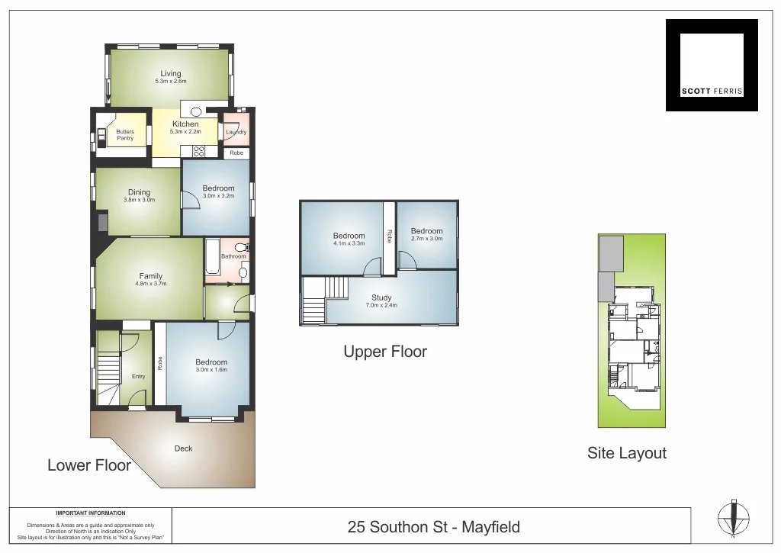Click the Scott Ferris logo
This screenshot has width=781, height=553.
click(x=712, y=65)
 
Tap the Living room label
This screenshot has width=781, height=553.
click(x=171, y=74)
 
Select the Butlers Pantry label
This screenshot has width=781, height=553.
click(x=125, y=135)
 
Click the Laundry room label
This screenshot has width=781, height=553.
click(x=236, y=132)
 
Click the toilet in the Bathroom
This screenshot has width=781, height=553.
click(x=241, y=247)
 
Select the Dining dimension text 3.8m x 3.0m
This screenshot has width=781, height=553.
click(x=139, y=200)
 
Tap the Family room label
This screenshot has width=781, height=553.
click(x=150, y=277)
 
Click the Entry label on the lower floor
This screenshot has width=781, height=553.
click(x=138, y=376)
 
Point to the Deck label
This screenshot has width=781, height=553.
click(x=183, y=449)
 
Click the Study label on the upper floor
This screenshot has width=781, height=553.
click(x=381, y=297)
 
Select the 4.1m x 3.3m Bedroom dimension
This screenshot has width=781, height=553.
click(x=349, y=243)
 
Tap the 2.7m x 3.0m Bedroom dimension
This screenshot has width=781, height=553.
click(x=426, y=238)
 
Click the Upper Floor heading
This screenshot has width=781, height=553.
click(x=385, y=352)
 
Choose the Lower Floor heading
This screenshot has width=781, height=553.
click(x=89, y=465)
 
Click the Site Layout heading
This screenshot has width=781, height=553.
click(x=627, y=453)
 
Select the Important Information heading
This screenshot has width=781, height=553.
click(x=91, y=513)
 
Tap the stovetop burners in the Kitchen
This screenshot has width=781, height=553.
click(x=198, y=150)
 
